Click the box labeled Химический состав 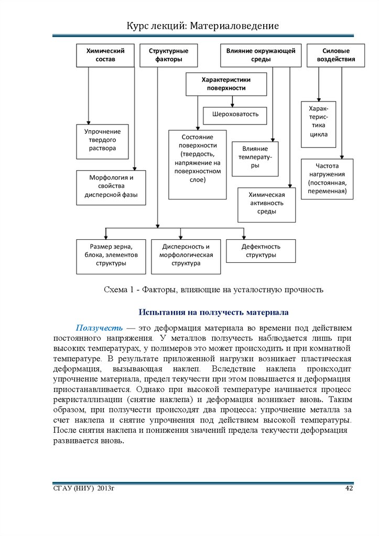[105, 55]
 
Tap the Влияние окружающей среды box [261, 55]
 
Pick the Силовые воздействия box [336, 55]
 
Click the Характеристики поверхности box [226, 84]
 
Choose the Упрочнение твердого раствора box [102, 141]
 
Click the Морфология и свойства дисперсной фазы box [111, 186]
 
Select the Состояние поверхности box [198, 164]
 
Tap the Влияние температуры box [255, 158]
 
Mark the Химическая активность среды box [266, 204]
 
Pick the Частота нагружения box [327, 178]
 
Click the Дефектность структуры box [261, 251]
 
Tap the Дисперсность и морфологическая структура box [186, 256]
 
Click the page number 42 [349, 488]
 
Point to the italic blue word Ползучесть [99, 328]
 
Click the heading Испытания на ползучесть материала [213, 312]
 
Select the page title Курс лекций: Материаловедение [202, 26]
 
